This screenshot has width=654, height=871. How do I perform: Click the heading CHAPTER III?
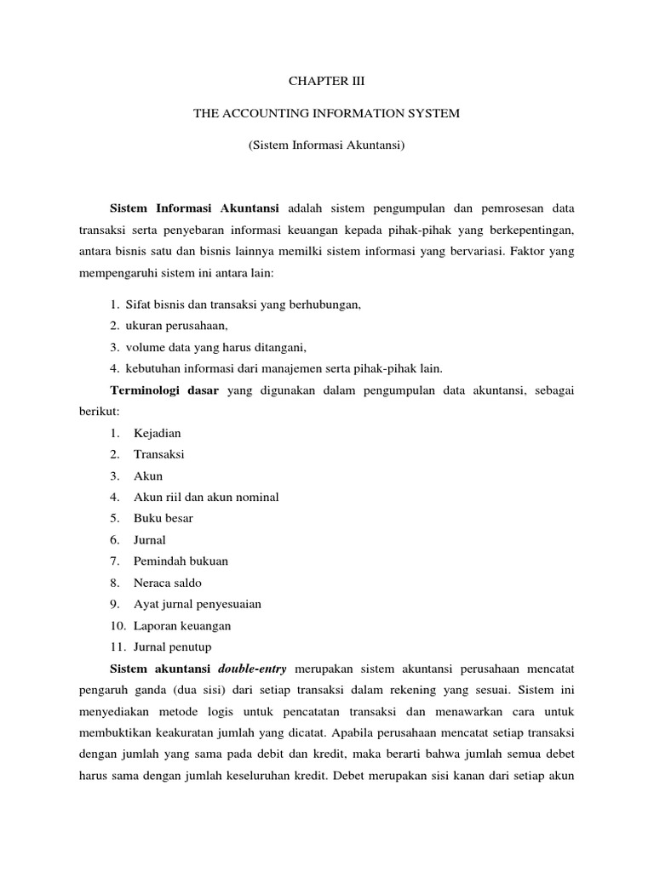326,83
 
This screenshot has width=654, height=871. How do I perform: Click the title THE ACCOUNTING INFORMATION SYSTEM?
326,114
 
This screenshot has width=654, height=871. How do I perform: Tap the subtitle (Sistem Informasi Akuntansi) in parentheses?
326,145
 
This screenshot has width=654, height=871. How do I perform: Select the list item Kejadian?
157,433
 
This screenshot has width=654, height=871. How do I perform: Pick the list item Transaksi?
159,454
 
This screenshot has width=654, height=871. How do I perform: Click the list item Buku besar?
163,518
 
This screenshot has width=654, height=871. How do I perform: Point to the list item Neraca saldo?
168,583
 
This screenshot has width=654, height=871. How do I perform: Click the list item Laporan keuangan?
182,625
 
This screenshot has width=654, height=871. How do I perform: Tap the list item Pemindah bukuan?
181,561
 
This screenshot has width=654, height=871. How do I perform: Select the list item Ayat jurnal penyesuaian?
197,604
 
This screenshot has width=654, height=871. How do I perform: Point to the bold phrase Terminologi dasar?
165,390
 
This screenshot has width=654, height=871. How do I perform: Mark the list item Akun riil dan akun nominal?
206,497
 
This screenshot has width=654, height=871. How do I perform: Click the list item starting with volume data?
215,347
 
